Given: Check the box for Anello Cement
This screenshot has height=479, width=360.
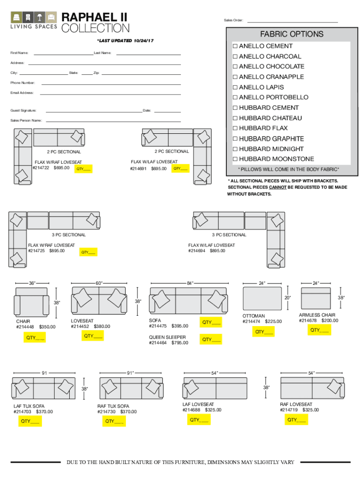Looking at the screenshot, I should pyautogui.click(x=235, y=46).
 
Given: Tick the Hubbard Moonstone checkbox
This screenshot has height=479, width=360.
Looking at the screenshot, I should pyautogui.click(x=235, y=160).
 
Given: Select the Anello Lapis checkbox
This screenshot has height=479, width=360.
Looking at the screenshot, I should pyautogui.click(x=235, y=87).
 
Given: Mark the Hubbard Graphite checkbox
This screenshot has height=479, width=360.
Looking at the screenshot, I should pyautogui.click(x=235, y=139).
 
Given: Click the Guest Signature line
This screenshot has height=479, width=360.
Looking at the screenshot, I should pyautogui.click(x=94, y=111).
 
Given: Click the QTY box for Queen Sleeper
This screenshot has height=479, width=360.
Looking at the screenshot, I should pyautogui.click(x=210, y=340).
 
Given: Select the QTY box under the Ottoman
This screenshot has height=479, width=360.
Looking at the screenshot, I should pyautogui.click(x=264, y=332).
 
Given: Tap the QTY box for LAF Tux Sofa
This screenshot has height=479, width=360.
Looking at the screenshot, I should pyautogui.click(x=30, y=421).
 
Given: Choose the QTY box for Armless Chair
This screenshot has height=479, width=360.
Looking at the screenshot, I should pyautogui.click(x=319, y=330).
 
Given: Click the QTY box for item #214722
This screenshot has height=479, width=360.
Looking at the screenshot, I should pyautogui.click(x=84, y=169).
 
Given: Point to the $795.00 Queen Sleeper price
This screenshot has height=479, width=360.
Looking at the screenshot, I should pyautogui.click(x=180, y=343).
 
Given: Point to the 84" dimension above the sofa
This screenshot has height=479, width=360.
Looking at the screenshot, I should pyautogui.click(x=190, y=283).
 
